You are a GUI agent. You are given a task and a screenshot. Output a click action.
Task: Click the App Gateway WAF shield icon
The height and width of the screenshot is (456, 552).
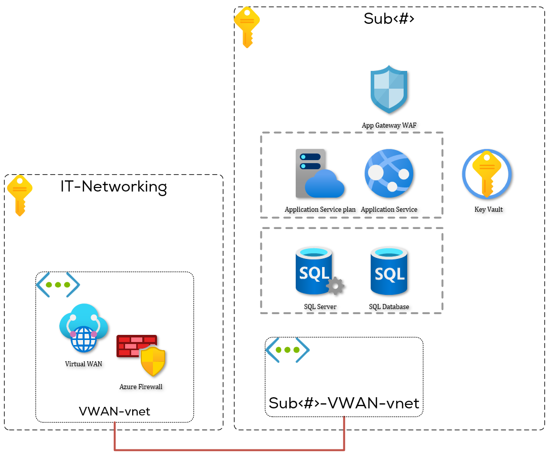389,89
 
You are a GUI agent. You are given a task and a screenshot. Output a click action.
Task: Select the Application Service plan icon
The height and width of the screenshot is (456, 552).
320,174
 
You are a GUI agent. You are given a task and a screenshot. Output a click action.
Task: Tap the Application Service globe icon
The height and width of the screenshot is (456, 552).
389,174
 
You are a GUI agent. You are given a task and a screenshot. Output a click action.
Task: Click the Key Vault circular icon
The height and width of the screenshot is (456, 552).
487,174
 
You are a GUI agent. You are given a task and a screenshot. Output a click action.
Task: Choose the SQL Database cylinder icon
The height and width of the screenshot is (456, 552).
389,271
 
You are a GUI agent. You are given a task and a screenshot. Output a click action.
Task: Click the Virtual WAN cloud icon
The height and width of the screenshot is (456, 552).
84,328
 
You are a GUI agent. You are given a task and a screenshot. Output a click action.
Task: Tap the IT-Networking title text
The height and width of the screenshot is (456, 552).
113,186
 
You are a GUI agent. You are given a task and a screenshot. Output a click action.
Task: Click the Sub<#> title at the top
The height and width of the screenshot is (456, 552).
389,19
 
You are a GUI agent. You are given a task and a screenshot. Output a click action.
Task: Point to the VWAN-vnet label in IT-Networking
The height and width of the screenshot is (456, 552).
114,411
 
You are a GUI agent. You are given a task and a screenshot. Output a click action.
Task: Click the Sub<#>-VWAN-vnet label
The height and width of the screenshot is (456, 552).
344,403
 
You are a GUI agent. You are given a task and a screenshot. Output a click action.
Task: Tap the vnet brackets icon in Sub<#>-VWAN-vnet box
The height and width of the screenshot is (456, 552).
288,350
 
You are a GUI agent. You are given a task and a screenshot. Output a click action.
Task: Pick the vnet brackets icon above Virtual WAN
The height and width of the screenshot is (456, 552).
58,285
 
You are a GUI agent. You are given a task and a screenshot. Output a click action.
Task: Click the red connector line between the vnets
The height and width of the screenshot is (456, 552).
229,449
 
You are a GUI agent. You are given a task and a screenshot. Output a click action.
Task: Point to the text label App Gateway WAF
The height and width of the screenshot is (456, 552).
389,125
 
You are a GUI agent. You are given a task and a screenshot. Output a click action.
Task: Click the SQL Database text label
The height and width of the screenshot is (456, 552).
389,307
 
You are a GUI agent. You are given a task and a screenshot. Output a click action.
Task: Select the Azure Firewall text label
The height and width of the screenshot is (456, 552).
141,387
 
